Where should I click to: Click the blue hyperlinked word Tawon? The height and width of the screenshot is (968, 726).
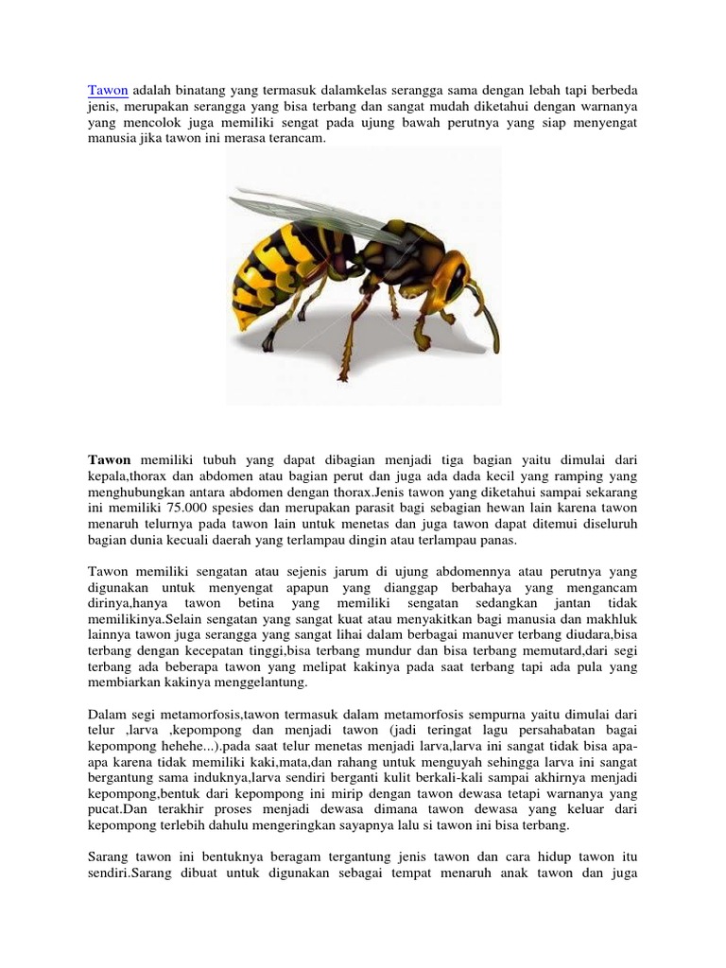point(108,90)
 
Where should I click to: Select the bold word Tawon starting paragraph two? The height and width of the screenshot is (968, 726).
point(110,460)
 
